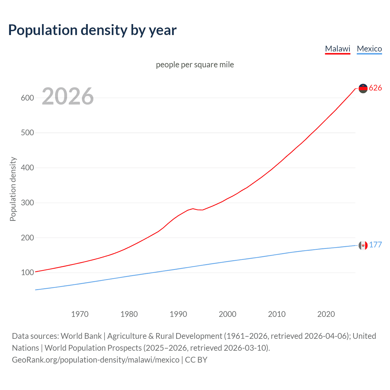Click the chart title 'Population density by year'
(92, 30)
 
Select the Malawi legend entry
(338, 49)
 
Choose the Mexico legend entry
(369, 49)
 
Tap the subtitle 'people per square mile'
(195, 65)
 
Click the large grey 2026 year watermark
(68, 96)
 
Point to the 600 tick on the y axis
(27, 98)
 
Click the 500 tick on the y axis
(27, 133)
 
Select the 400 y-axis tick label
(27, 168)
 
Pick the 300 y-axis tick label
(27, 203)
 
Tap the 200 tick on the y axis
(27, 238)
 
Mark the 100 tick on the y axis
(27, 273)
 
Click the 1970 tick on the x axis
(80, 314)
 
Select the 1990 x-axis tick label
(178, 314)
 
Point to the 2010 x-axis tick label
(277, 314)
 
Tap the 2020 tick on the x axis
(326, 314)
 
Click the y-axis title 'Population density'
(13, 189)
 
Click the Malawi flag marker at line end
(363, 88)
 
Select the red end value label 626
(375, 88)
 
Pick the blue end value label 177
(375, 245)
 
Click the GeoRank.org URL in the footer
(96, 360)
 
